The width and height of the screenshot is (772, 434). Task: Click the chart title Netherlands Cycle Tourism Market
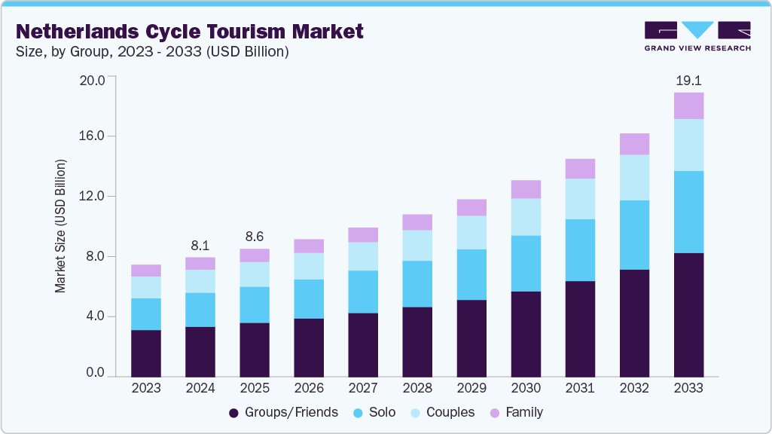(190, 31)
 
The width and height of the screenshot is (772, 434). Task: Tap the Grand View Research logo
(697, 36)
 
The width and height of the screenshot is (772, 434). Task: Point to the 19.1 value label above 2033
(688, 80)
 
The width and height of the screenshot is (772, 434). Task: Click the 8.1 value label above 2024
(200, 245)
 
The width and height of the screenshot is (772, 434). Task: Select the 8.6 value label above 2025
(255, 236)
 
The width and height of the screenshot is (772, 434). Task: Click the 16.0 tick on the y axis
(96, 136)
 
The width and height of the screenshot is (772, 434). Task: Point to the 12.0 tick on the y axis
(96, 197)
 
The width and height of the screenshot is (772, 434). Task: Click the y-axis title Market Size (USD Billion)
(60, 226)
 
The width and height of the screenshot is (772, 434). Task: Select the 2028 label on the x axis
(417, 388)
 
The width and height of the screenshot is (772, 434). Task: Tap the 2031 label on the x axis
(580, 388)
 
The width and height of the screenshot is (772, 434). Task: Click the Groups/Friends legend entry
(283, 412)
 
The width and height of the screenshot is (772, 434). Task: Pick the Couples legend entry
(442, 412)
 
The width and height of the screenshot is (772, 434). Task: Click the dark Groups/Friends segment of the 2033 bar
(688, 315)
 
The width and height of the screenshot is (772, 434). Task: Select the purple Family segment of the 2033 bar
(688, 105)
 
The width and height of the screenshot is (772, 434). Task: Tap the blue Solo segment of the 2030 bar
(526, 264)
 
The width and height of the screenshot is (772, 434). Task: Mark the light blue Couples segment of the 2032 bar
(634, 177)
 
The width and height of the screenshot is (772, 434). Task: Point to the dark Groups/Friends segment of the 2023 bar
(146, 353)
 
